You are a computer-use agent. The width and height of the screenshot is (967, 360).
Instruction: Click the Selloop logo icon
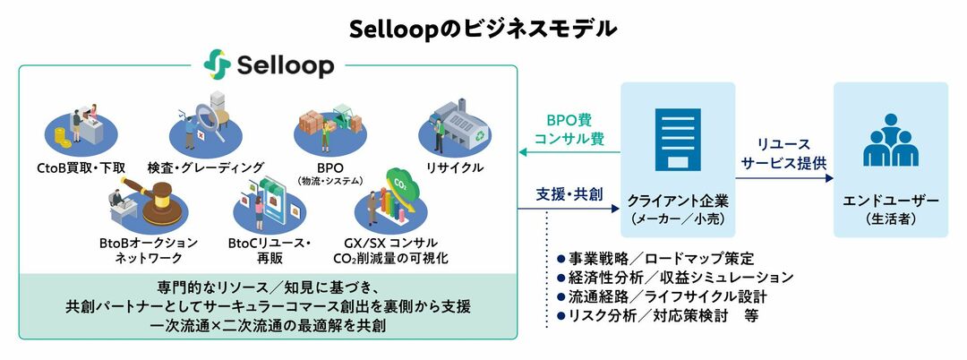(218, 64)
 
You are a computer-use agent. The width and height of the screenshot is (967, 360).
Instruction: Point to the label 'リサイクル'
(455, 167)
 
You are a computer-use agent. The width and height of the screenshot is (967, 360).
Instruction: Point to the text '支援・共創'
(569, 193)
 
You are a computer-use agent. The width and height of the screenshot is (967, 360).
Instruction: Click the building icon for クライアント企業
(677, 141)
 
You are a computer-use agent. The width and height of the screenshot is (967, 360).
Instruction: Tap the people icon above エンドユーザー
(890, 142)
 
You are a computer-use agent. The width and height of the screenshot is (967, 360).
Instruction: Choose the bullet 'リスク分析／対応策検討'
(649, 315)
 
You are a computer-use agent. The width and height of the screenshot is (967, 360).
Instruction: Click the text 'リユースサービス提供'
(784, 154)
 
